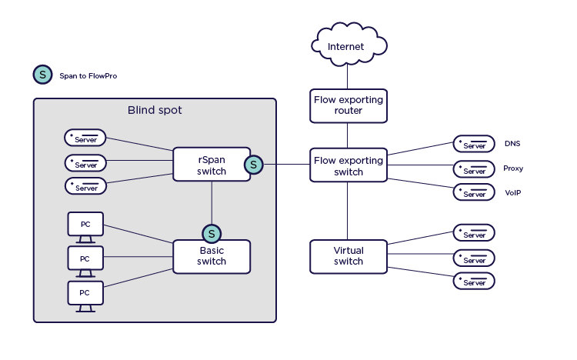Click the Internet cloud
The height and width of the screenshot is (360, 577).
(347, 46)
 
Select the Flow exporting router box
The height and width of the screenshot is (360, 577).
(348, 105)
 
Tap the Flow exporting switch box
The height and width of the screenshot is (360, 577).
(348, 165)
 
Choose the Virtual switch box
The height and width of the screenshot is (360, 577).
(348, 256)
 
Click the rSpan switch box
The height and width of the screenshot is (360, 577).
(211, 164)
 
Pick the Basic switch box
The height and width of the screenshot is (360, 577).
(211, 256)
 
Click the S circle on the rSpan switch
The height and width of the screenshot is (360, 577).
(253, 164)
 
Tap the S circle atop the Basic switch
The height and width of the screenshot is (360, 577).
(211, 233)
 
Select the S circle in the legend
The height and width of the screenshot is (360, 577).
(42, 75)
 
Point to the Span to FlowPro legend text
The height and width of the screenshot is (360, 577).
(88, 76)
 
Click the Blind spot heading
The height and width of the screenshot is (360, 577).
(155, 110)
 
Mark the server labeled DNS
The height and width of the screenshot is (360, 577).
(473, 144)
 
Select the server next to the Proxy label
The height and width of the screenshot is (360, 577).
(473, 168)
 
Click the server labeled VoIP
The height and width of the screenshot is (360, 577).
(473, 192)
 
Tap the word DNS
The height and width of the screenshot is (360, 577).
(512, 144)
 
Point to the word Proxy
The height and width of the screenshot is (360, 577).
(513, 168)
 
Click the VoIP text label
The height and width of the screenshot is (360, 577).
(512, 192)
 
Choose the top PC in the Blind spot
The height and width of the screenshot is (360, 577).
(85, 225)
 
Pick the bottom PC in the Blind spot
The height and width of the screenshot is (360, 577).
(85, 294)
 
